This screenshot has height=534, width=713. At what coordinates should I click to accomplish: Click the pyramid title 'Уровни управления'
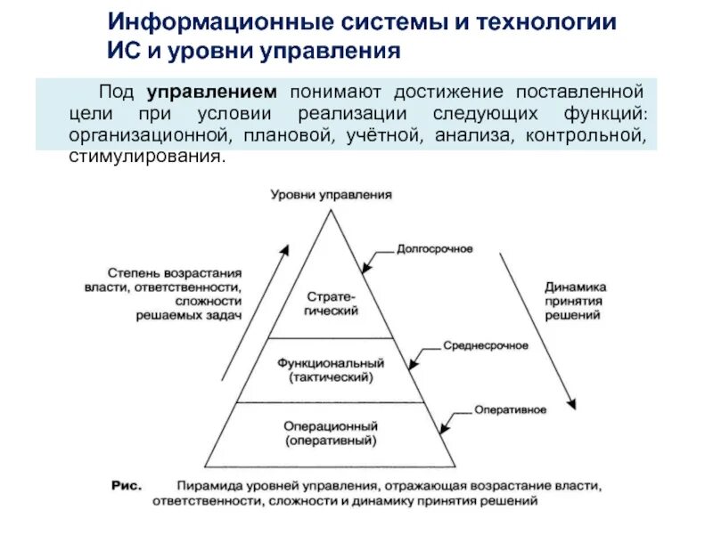[331, 194]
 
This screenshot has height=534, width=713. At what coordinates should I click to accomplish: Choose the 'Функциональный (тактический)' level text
[331, 370]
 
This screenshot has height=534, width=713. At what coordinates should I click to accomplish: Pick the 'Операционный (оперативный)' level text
[331, 433]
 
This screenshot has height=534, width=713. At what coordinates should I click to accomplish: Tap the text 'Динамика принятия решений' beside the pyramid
[576, 301]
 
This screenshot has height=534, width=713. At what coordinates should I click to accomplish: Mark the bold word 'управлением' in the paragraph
[212, 91]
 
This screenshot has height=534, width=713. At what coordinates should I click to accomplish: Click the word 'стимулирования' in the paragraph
[139, 156]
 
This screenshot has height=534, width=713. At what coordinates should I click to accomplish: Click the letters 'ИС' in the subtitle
[121, 50]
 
